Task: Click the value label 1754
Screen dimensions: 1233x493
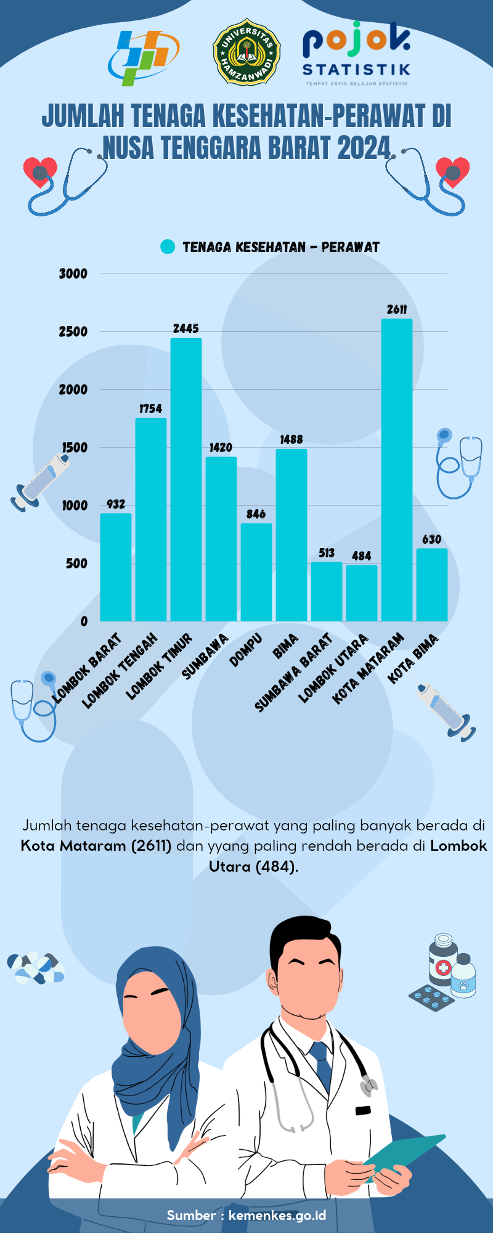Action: (x=150, y=409)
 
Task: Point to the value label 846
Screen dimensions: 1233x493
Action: (x=256, y=514)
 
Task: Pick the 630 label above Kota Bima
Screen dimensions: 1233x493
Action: (x=431, y=539)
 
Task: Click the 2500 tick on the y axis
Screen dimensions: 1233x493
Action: (x=73, y=332)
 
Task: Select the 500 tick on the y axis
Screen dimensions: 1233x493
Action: (x=76, y=563)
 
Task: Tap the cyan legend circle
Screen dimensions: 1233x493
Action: (x=168, y=247)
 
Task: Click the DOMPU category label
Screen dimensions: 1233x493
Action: (x=246, y=650)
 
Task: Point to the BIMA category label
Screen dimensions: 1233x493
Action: (x=285, y=646)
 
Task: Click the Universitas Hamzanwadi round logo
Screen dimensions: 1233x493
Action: (x=246, y=52)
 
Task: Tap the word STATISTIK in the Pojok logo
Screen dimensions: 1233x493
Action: (x=356, y=69)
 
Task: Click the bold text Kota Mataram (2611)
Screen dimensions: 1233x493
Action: (x=96, y=846)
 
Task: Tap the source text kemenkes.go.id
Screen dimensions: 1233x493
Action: (x=277, y=1216)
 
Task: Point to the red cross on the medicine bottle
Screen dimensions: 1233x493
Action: (x=442, y=967)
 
